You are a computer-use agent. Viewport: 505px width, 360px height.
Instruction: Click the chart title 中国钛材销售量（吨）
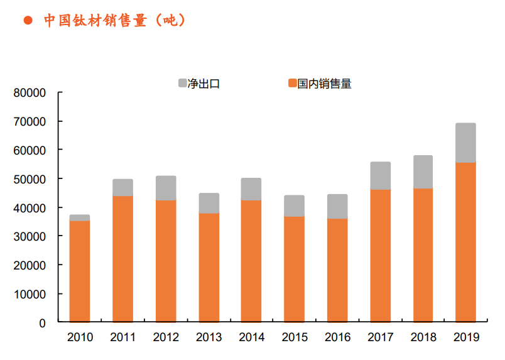coord(114,20)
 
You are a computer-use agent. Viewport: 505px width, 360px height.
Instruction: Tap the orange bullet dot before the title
coord(28,21)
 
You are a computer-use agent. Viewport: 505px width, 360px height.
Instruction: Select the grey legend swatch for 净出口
coord(183,83)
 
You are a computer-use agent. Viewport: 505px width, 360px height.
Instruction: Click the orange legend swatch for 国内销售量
coord(292,83)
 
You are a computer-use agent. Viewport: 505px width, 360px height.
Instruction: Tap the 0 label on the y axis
coord(43,323)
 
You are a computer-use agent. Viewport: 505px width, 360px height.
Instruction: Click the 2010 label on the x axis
coord(80,338)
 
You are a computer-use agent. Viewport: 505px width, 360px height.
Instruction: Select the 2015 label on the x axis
coord(294,338)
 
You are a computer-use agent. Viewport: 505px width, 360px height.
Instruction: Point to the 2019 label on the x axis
coord(465,338)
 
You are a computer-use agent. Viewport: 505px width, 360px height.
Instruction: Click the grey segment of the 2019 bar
coord(465,143)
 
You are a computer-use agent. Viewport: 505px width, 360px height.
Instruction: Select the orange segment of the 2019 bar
coord(465,243)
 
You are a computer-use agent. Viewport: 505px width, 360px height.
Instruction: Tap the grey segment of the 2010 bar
coord(80,217)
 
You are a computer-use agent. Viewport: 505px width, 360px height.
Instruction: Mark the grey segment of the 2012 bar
coord(166,188)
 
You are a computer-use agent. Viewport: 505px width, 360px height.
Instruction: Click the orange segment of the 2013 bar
coord(209,268)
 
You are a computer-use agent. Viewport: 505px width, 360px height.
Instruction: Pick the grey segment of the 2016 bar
coord(337,206)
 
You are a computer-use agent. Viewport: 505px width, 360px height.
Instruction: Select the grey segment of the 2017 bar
coord(380,175)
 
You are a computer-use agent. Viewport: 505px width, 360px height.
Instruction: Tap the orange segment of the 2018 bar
coord(423,255)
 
